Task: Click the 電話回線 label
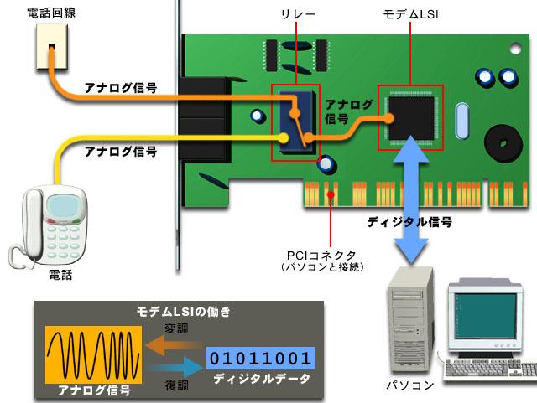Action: point(51,13)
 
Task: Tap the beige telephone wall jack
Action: point(52,47)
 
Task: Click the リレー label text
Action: point(298,14)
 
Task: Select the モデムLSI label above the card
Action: point(410,14)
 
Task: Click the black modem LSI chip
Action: point(411,118)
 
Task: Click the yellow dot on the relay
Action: point(284,138)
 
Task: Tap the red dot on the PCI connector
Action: point(331,194)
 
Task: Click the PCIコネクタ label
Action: point(321,256)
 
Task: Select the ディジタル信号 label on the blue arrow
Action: point(409,222)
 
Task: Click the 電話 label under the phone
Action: point(61,275)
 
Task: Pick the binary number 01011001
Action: point(261,359)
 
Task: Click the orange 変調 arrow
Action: point(174,345)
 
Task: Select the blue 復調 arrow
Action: point(175,368)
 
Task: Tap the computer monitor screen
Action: point(486,315)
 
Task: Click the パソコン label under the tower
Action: point(410,385)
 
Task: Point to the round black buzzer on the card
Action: point(503,143)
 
